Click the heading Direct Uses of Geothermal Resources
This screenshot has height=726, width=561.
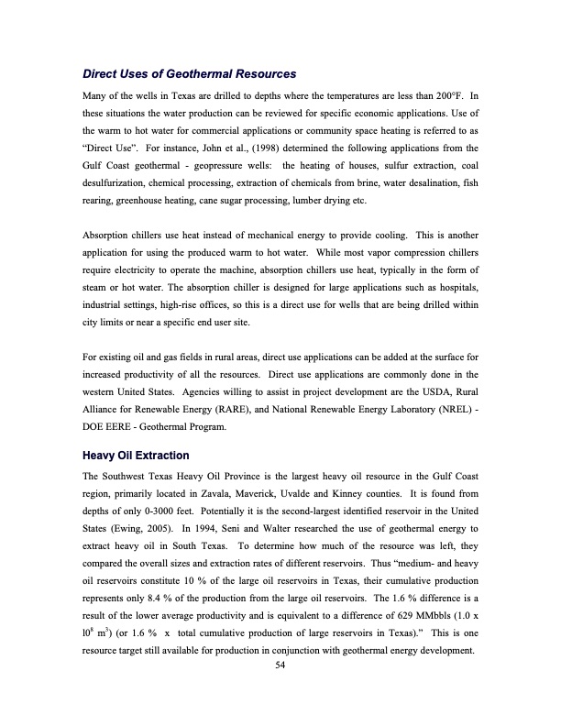190,73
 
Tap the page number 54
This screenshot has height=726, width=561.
280,666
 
